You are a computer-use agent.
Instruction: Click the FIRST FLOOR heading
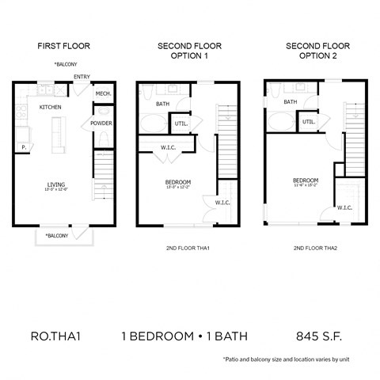(x=63, y=45)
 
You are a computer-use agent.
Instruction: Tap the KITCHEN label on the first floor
(x=51, y=107)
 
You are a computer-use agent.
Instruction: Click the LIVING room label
(x=55, y=185)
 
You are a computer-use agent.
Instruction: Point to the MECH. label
(x=103, y=94)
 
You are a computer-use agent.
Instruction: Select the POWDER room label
(x=101, y=123)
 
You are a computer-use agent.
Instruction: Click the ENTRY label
(x=82, y=77)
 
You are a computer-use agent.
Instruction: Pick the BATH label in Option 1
(x=162, y=103)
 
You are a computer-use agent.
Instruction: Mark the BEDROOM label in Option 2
(x=305, y=180)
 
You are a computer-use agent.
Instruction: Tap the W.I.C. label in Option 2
(x=344, y=207)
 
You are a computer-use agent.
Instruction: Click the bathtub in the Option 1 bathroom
(x=153, y=125)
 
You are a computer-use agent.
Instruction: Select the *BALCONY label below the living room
(x=56, y=235)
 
